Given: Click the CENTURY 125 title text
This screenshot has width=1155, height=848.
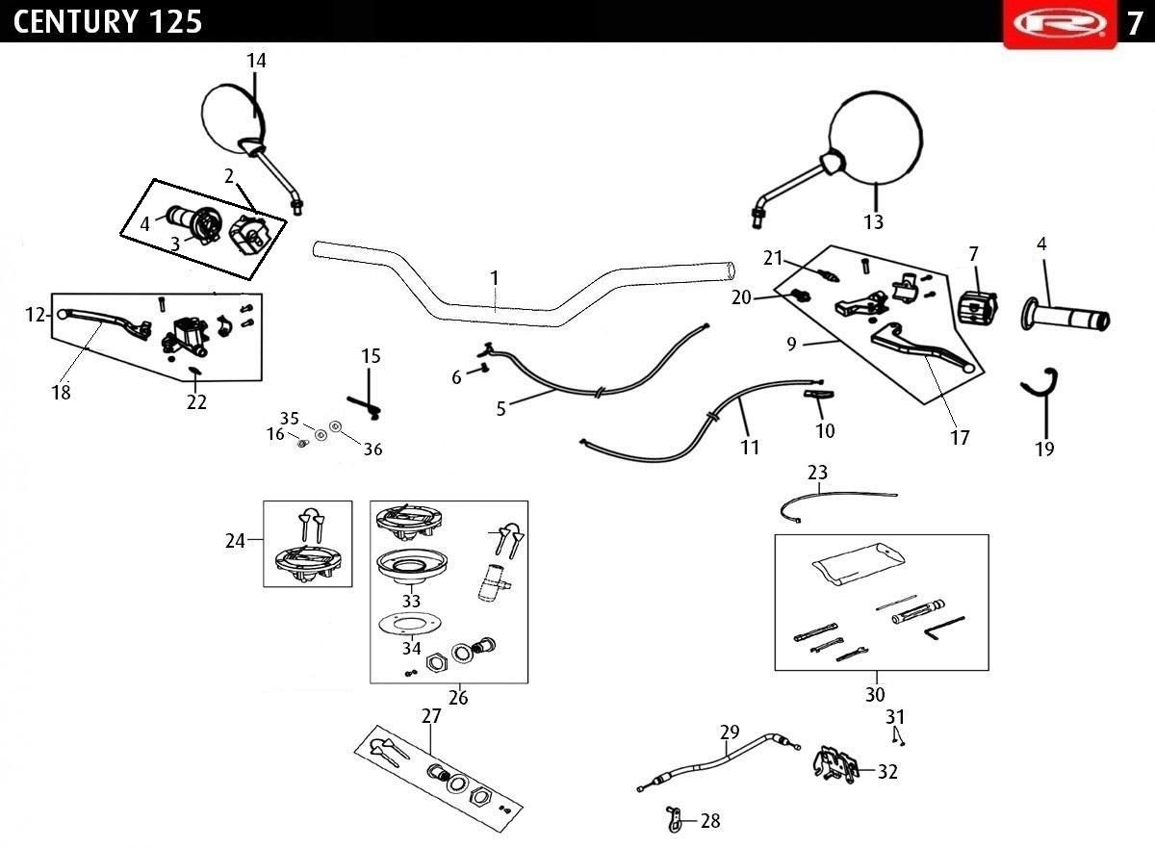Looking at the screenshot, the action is pyautogui.click(x=107, y=22).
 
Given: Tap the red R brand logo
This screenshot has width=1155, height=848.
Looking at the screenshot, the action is pyautogui.click(x=1060, y=23).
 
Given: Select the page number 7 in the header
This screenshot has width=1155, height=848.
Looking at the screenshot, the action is pyautogui.click(x=1135, y=23).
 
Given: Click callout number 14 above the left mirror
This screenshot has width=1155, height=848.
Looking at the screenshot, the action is pyautogui.click(x=256, y=61).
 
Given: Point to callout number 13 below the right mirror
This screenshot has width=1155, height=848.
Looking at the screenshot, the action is pyautogui.click(x=874, y=222).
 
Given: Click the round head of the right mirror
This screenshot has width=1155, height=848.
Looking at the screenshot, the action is pyautogui.click(x=875, y=139).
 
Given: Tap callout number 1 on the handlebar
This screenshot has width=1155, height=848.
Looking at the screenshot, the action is pyautogui.click(x=495, y=278).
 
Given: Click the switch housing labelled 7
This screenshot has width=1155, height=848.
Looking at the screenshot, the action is pyautogui.click(x=978, y=308).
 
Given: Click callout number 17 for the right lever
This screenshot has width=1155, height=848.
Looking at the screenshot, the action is pyautogui.click(x=960, y=438).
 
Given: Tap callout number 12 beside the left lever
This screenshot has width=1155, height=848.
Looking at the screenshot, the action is pyautogui.click(x=36, y=315).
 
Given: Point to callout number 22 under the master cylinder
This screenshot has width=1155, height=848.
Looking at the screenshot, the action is pyautogui.click(x=196, y=401).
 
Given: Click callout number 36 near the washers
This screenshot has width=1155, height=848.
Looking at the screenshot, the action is pyautogui.click(x=372, y=449).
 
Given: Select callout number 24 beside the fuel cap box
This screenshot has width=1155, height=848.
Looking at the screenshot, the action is pyautogui.click(x=235, y=541).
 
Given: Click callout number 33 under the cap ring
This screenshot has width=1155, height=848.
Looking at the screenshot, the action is pyautogui.click(x=412, y=601).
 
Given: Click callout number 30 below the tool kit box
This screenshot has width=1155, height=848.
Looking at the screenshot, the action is pyautogui.click(x=875, y=694).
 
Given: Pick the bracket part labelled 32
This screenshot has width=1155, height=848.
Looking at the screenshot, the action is pyautogui.click(x=836, y=765).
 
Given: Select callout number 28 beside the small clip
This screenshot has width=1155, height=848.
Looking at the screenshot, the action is pyautogui.click(x=710, y=821).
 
